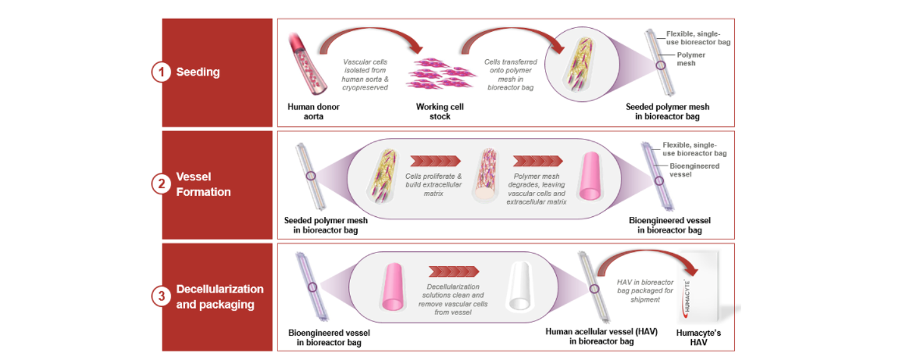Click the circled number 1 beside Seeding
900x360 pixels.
161,72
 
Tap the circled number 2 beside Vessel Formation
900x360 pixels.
161,184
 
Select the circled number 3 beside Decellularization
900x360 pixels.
161,296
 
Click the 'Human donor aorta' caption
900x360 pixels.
313,111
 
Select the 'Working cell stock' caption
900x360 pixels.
440,111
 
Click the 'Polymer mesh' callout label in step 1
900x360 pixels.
691,59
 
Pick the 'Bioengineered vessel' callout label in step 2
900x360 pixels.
694,170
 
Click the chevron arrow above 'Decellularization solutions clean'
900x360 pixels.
454,271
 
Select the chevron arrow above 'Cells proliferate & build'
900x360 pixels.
435,161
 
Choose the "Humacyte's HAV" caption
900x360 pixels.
698,337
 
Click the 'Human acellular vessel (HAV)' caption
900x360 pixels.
601,337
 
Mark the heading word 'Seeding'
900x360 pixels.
198,72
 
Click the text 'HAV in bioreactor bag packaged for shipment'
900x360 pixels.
646,291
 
